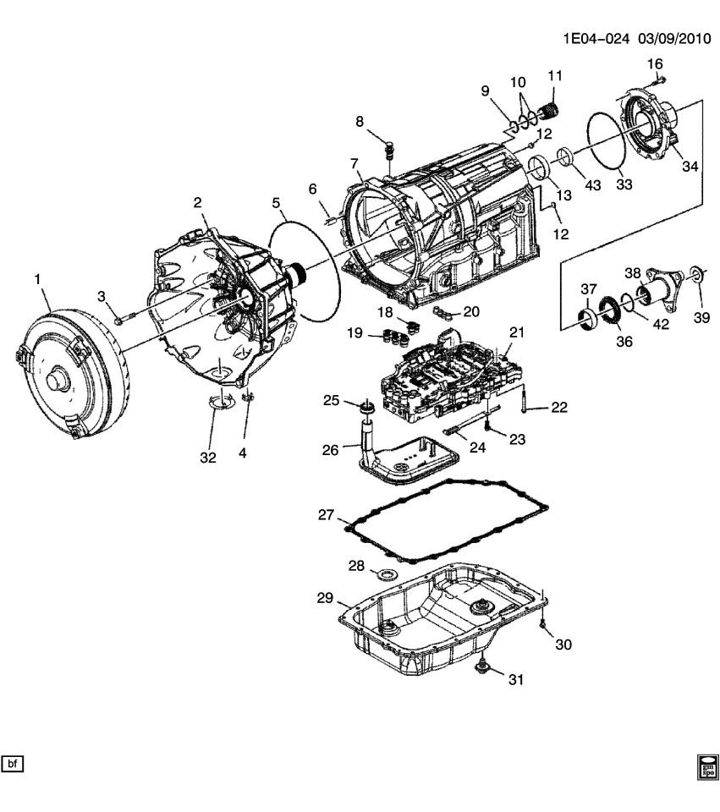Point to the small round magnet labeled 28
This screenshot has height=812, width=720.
pos(388,575)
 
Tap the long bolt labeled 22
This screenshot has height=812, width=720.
pos(527,398)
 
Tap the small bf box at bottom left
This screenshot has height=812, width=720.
pos(13,765)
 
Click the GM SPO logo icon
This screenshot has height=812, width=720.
pos(706,765)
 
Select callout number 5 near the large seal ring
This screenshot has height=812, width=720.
pos(276,203)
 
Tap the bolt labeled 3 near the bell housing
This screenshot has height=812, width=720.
pos(120,319)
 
